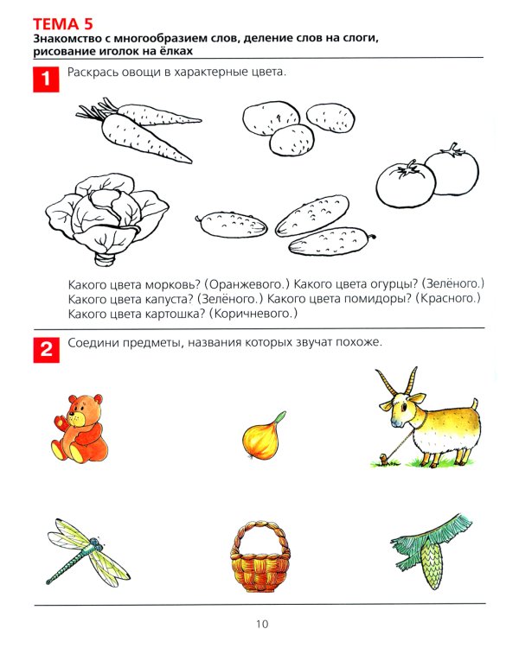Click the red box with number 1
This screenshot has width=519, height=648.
click(x=44, y=80)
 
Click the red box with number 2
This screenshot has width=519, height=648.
click(x=44, y=350)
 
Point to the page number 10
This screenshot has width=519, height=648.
click(x=262, y=625)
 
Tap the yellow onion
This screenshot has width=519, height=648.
click(x=260, y=437)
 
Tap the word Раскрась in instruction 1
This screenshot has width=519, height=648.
click(x=94, y=74)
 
